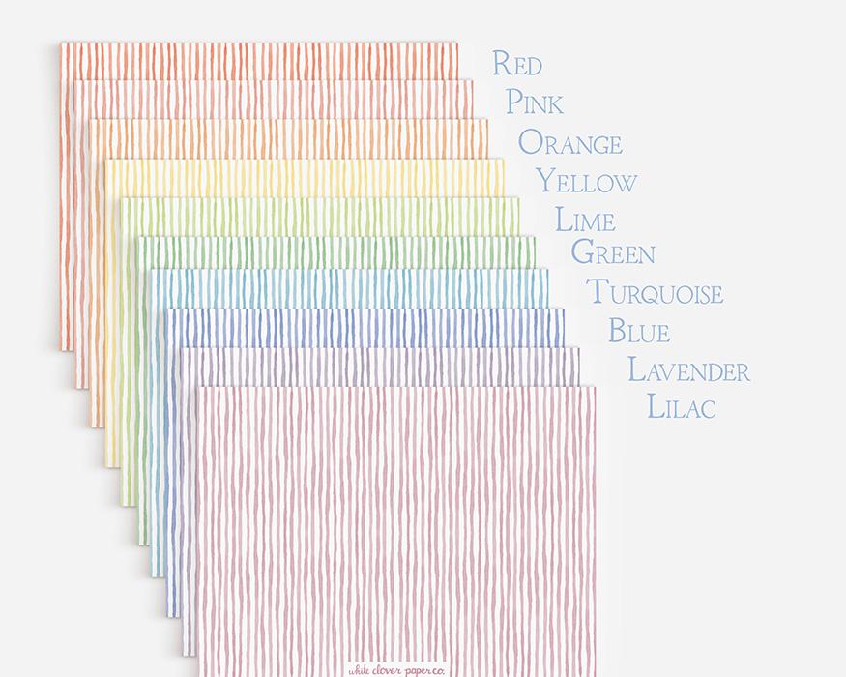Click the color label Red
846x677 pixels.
516,65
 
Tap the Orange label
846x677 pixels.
569,143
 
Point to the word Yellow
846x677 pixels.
586,182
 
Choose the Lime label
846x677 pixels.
584,221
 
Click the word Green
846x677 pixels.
612,253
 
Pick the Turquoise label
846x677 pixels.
655,292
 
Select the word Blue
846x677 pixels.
638,331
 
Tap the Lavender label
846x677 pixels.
688,369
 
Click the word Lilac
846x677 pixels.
681,407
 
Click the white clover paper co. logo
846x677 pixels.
396,667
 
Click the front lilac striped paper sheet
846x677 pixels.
396,522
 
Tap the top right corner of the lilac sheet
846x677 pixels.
595,388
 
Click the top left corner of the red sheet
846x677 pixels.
62,44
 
